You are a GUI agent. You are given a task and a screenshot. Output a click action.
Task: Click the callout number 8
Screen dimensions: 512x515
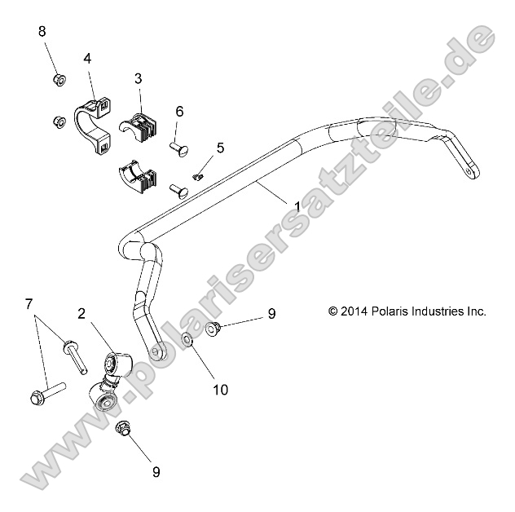pyautogui.click(x=42, y=32)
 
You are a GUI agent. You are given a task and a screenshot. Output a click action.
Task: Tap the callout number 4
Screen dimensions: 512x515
pyautogui.click(x=87, y=58)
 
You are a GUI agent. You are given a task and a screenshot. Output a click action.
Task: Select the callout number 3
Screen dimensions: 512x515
pyautogui.click(x=138, y=78)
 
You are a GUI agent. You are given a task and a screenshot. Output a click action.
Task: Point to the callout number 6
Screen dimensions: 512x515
pyautogui.click(x=179, y=111)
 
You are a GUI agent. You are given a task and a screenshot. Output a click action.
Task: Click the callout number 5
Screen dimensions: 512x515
pyautogui.click(x=219, y=148)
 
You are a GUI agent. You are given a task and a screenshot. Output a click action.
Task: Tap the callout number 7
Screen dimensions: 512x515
pyautogui.click(x=29, y=305)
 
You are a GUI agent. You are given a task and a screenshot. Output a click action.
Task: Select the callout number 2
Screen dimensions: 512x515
pyautogui.click(x=82, y=312)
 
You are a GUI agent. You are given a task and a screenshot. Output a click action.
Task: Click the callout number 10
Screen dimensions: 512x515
pyautogui.click(x=220, y=390)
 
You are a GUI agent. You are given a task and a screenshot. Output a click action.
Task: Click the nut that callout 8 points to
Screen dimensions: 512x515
pyautogui.click(x=58, y=80)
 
